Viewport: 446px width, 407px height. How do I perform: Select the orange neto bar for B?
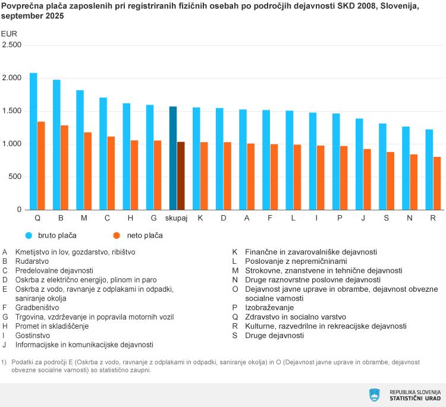pos(64,168)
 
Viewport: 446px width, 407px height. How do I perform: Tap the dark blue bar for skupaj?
pos(173,158)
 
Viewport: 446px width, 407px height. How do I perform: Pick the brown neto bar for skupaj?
pos(181,176)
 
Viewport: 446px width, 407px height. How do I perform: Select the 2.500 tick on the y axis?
pos(12,45)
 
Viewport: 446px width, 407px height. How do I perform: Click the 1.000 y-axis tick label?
pos(12,144)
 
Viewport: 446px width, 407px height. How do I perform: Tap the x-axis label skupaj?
pos(177,219)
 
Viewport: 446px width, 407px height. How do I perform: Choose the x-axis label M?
pos(84,219)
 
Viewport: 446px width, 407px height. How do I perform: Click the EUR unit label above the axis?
pos(10,33)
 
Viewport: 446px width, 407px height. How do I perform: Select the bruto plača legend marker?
pos(29,235)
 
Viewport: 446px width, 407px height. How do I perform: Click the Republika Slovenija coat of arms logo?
pos(375,395)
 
